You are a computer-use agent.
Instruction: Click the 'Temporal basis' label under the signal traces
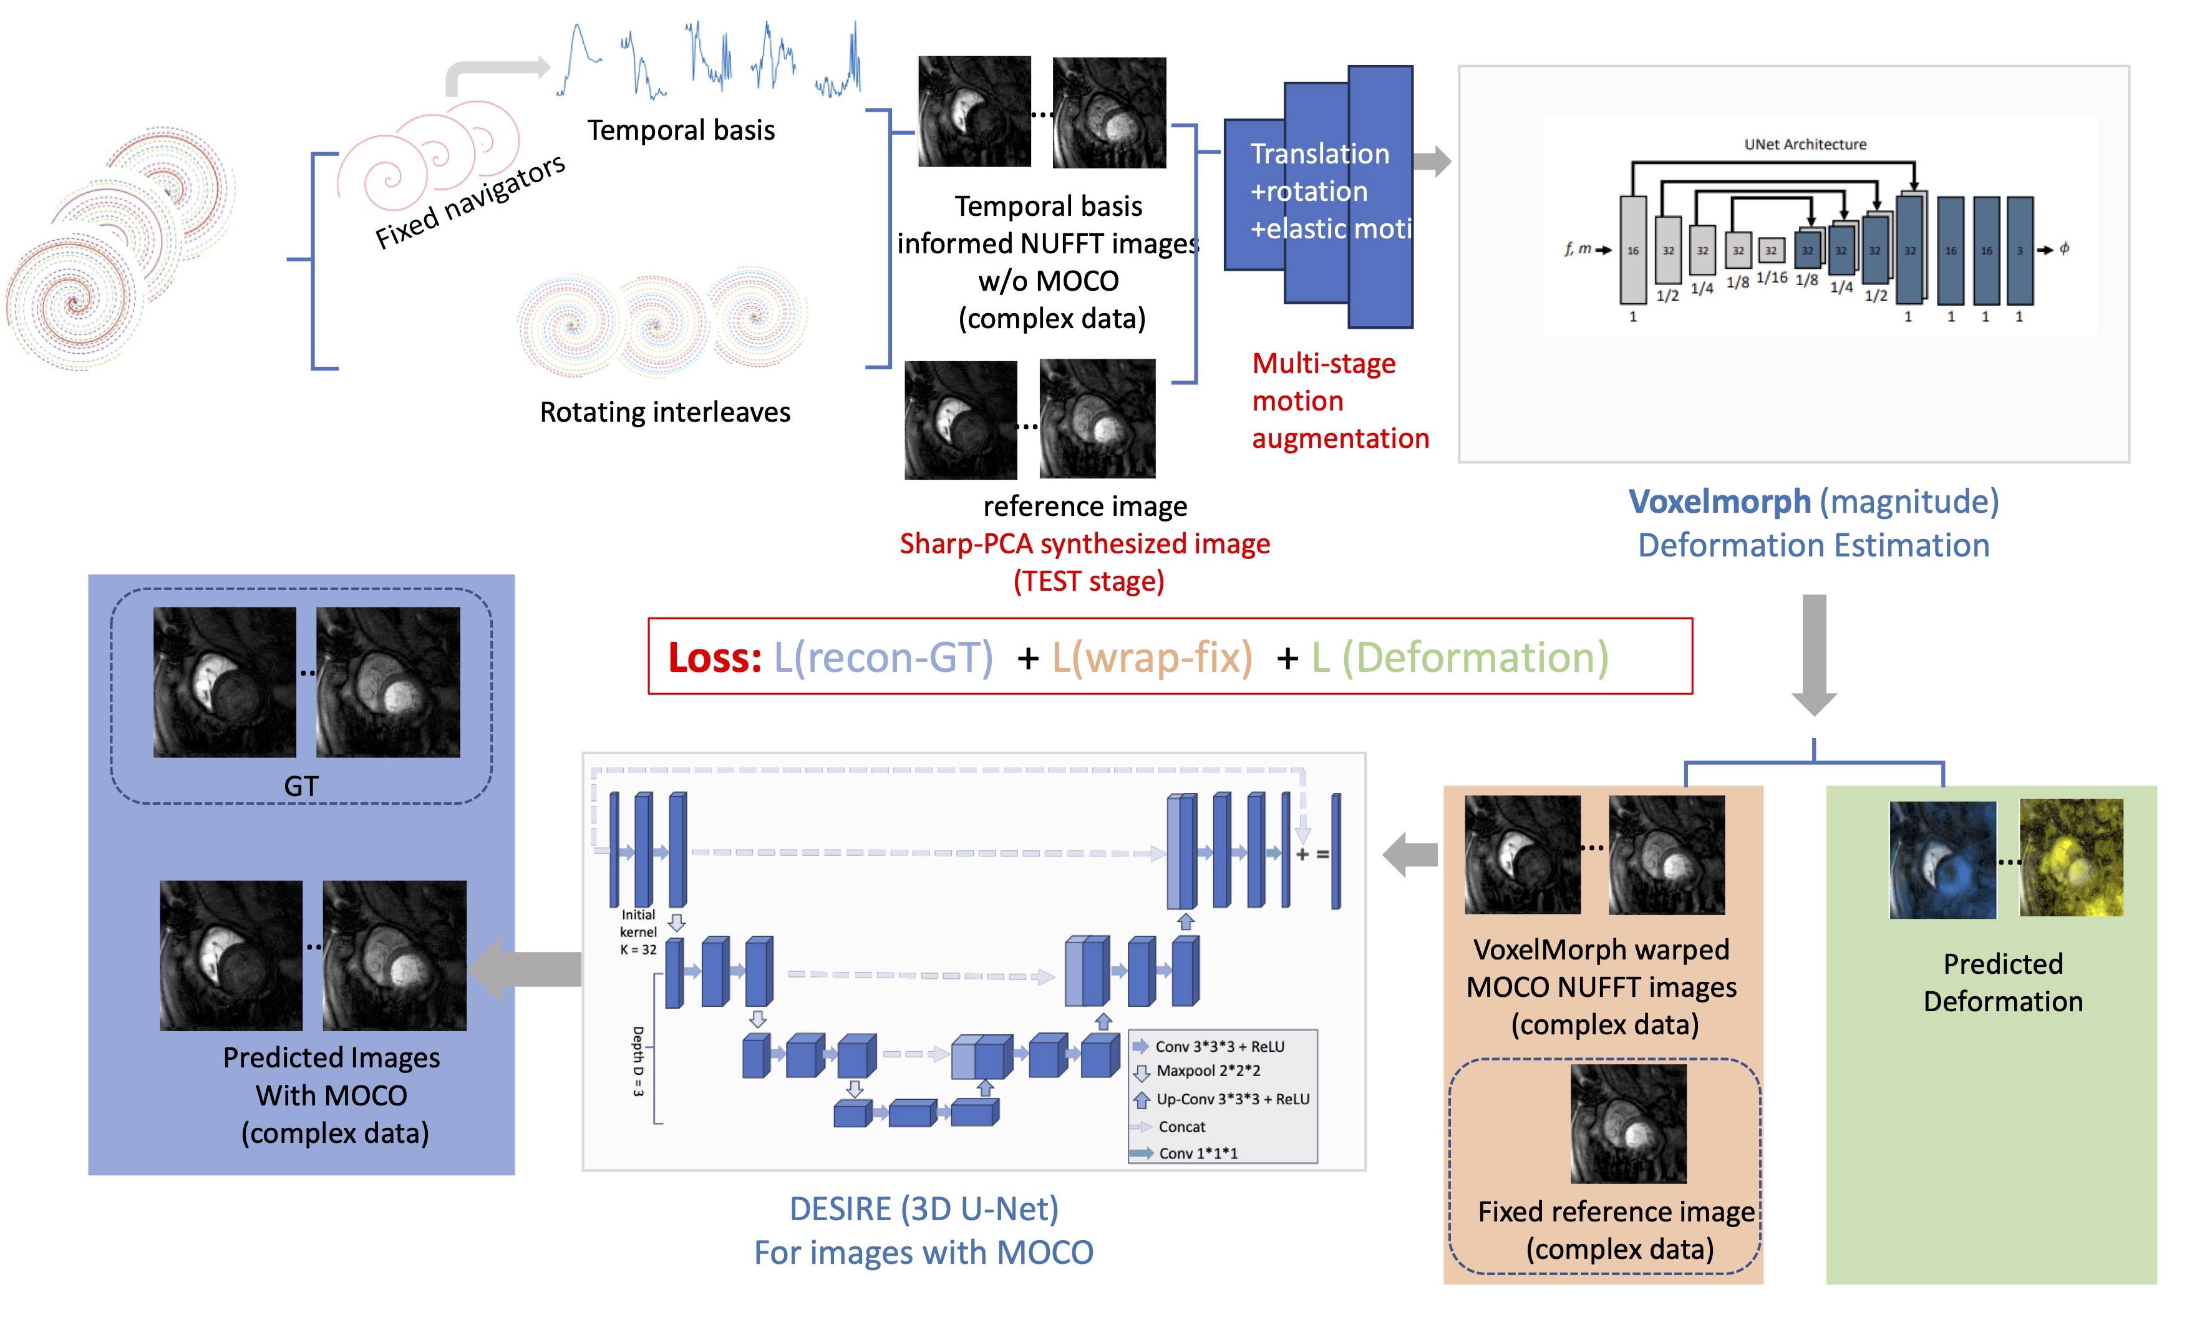681,130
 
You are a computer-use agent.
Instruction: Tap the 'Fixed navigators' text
470,201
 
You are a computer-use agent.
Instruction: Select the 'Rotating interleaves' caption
665,412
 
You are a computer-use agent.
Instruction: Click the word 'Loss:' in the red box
714,658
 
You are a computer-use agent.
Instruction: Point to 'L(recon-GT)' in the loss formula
883,658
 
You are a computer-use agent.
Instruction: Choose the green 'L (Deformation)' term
1460,658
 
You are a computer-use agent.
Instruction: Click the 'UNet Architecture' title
1805,145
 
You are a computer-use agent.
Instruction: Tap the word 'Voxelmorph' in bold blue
1719,502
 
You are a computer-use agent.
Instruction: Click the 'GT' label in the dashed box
301,785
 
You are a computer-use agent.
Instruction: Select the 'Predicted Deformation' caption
2002,983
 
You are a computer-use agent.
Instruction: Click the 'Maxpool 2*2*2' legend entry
1208,1072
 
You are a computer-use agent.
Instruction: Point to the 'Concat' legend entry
1181,1127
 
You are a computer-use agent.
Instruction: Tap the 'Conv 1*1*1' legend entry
1197,1153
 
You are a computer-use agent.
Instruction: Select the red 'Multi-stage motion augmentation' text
1339,400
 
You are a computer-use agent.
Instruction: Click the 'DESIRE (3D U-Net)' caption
924,1209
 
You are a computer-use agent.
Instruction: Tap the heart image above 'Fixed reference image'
1628,1123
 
